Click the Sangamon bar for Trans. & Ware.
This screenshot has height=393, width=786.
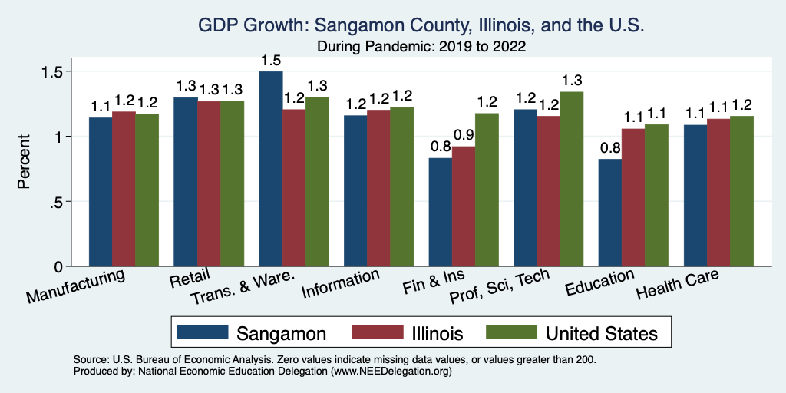(271, 169)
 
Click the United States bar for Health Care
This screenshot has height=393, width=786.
(741, 191)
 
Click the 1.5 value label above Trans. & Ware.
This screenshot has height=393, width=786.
(271, 60)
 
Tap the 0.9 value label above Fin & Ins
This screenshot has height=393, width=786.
(464, 135)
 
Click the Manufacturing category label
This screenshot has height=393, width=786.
(76, 286)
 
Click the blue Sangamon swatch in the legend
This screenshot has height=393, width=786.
(203, 332)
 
